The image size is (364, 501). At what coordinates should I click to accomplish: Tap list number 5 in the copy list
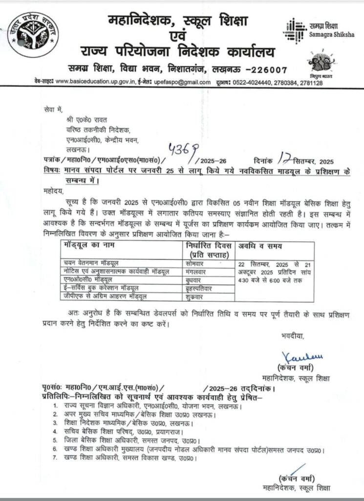[x=55, y=441]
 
